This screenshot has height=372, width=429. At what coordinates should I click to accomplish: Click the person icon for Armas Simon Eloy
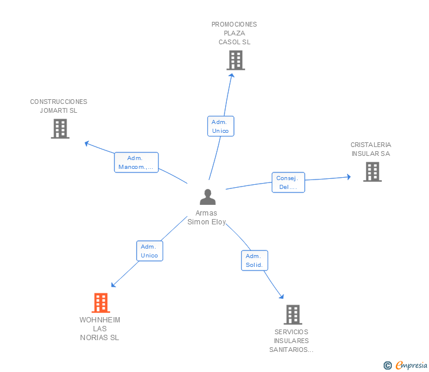pos(207,197)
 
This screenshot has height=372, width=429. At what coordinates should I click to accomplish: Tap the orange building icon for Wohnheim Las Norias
pos(101,303)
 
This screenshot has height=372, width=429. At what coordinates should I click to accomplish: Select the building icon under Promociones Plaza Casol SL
pos(236,60)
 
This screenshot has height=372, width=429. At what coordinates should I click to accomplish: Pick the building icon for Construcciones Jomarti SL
pos(60,129)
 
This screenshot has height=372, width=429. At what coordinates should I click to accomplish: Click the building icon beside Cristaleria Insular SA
pos(372,172)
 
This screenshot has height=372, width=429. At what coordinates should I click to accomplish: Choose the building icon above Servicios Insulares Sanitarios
pos(293,315)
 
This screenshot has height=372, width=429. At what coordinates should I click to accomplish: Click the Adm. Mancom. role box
pos(136,162)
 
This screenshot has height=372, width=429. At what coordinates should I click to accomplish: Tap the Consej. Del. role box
pos(288,182)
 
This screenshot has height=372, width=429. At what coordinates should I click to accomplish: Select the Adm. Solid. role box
pos(255,260)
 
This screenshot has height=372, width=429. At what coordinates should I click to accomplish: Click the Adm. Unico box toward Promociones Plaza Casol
pos(220,126)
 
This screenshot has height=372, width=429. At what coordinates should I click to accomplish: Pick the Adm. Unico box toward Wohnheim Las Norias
pos(150,251)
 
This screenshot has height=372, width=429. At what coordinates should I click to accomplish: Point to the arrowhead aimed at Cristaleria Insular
pos(349,177)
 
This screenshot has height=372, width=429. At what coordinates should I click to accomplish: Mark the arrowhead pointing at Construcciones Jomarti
pos(87,143)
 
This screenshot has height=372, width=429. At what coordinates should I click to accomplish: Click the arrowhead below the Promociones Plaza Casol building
pos(232,76)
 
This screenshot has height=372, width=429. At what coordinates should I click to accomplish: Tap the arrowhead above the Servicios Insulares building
pos(282,296)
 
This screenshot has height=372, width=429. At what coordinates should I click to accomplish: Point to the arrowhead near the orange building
pos(113,285)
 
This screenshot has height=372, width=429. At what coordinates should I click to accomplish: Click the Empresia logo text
pos(411,366)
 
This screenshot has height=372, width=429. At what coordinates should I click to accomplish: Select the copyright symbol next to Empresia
pos(388,366)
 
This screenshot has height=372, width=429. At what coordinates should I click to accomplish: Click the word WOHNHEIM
pos(100,320)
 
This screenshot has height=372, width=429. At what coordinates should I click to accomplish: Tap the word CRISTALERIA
pos(371,145)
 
